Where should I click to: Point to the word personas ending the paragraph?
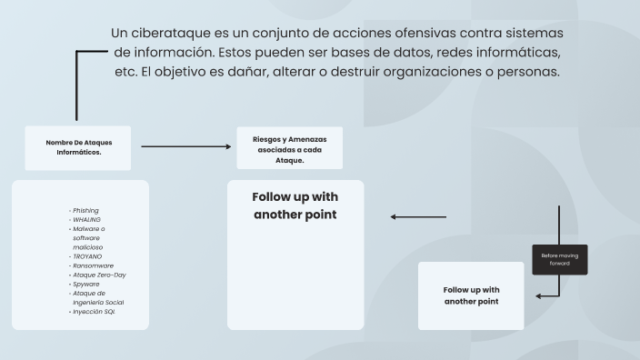click(x=529, y=71)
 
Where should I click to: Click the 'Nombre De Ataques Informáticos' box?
click(x=78, y=147)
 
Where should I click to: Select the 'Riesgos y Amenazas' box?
click(x=289, y=147)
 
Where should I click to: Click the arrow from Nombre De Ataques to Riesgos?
click(x=186, y=146)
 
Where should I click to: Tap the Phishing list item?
click(x=85, y=210)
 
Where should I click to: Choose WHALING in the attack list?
click(x=87, y=219)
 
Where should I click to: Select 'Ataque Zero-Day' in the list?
click(x=98, y=275)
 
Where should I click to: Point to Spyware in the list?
click(x=86, y=284)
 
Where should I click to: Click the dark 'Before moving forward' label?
click(x=559, y=260)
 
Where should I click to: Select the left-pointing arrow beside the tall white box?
click(x=418, y=217)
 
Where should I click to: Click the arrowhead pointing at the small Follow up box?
click(x=539, y=295)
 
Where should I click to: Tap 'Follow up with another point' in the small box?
click(x=471, y=295)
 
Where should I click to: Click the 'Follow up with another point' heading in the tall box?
click(x=295, y=205)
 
